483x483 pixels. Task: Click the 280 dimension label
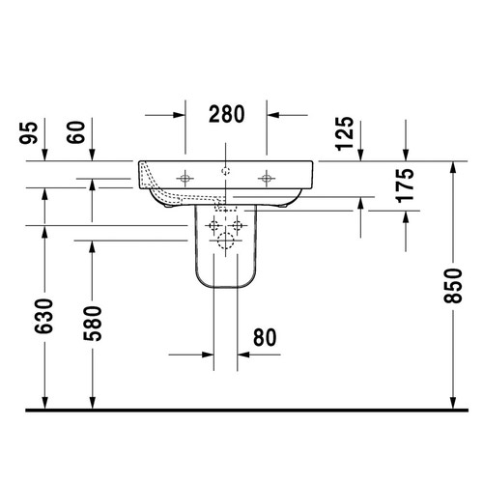point(227,114)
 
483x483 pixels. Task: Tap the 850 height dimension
point(453,285)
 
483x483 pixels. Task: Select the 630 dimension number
point(44,316)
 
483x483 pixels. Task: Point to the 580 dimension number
point(93,324)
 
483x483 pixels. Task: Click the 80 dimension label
point(265,337)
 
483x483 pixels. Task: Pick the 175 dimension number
point(406,185)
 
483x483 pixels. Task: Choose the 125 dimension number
point(345,133)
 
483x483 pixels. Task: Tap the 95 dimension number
point(28,132)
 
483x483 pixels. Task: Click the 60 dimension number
point(76,132)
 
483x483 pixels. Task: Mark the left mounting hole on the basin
point(185,178)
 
